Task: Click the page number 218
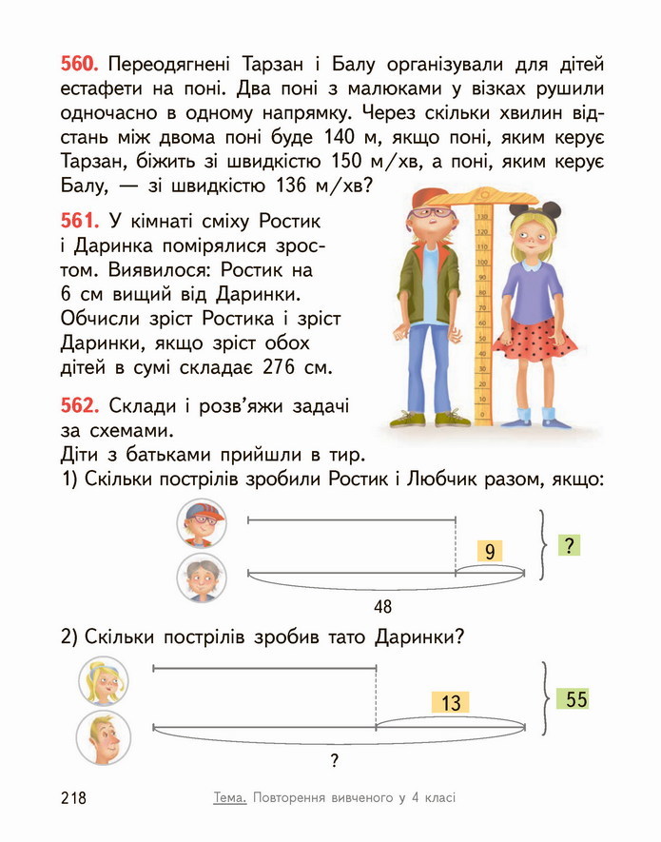[72, 797]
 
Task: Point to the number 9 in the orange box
[489, 552]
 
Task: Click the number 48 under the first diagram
[383, 606]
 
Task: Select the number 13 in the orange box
[451, 702]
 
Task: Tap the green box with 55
[576, 699]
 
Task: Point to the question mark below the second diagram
[334, 760]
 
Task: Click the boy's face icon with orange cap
[202, 522]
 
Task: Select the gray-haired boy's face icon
[202, 578]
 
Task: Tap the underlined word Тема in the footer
[230, 797]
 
